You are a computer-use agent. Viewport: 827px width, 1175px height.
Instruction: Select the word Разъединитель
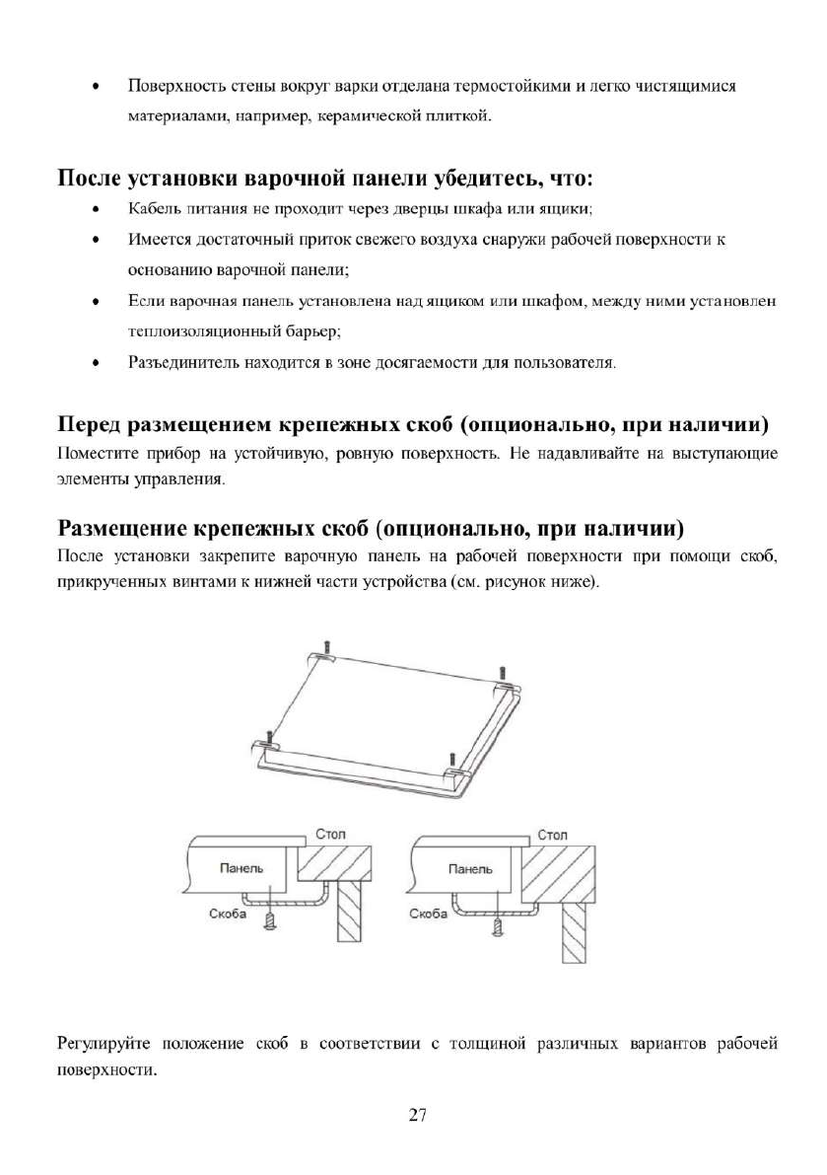[175, 364]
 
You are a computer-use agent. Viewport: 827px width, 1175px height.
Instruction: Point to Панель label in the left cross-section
[241, 868]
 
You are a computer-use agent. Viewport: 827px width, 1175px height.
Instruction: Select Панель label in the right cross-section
[470, 869]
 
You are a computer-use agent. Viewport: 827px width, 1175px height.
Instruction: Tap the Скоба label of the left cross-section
[227, 915]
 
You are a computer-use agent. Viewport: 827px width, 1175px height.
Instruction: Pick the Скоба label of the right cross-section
[428, 915]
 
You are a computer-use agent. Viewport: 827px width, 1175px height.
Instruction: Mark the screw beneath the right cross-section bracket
[499, 926]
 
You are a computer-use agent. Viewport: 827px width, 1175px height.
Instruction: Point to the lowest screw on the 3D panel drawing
[450, 763]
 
